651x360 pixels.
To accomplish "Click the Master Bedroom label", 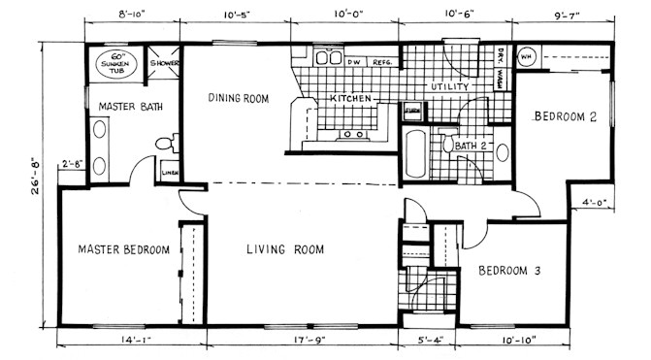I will click(123, 249).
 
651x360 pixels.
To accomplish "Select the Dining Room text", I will click(238, 98).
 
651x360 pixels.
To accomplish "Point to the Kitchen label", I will click(351, 99).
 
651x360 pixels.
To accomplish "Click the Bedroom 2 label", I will click(564, 116).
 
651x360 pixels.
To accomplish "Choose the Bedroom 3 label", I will click(509, 272).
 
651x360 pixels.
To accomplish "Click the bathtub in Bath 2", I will click(414, 155).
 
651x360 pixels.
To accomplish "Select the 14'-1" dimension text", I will click(132, 341).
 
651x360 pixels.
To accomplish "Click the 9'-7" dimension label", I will click(563, 16).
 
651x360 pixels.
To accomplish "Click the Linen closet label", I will click(170, 174).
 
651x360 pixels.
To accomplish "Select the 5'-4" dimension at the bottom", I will click(428, 341).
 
